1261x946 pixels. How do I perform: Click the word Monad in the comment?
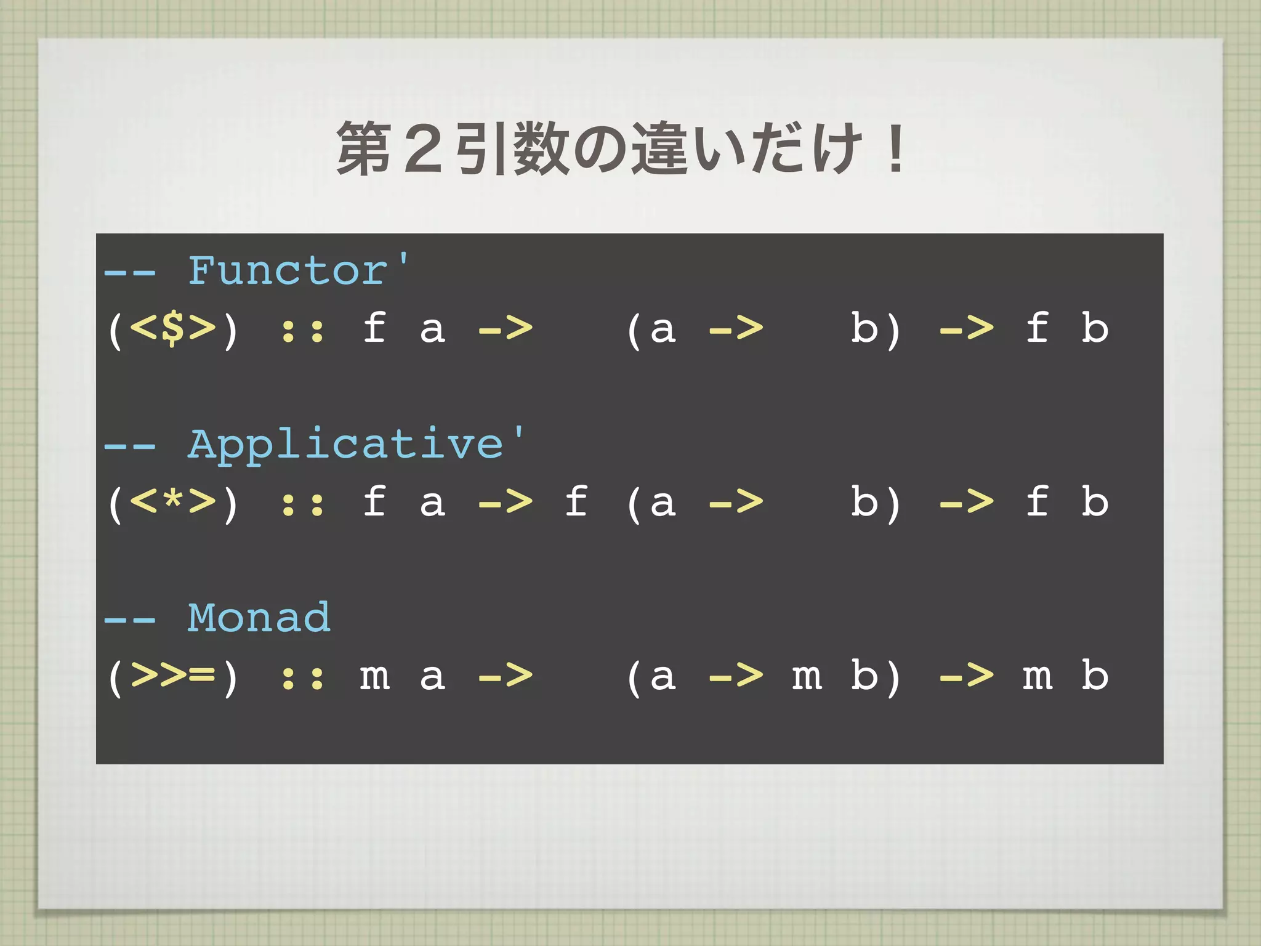259,618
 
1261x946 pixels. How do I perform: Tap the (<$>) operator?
172,329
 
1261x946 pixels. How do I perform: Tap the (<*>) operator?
172,503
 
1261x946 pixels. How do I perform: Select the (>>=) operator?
172,676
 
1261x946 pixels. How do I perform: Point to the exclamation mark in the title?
895,148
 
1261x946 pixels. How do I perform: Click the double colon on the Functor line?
302,331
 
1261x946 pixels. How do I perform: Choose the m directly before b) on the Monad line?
807,676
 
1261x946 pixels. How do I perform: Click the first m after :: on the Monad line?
374,676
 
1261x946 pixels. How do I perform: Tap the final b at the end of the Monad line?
1095,675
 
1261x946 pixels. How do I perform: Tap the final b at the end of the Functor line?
1095,328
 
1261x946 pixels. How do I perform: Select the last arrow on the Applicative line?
966,501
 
